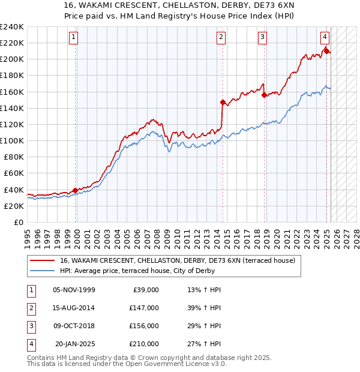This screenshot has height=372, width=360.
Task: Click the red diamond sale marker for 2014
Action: point(223,102)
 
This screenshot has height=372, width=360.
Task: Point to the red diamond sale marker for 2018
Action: point(264,95)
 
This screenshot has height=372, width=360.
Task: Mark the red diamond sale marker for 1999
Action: point(75,190)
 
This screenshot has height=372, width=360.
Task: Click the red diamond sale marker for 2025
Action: point(326,51)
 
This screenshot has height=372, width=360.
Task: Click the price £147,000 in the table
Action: point(143,308)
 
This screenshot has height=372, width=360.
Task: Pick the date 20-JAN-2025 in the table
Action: point(75,344)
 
